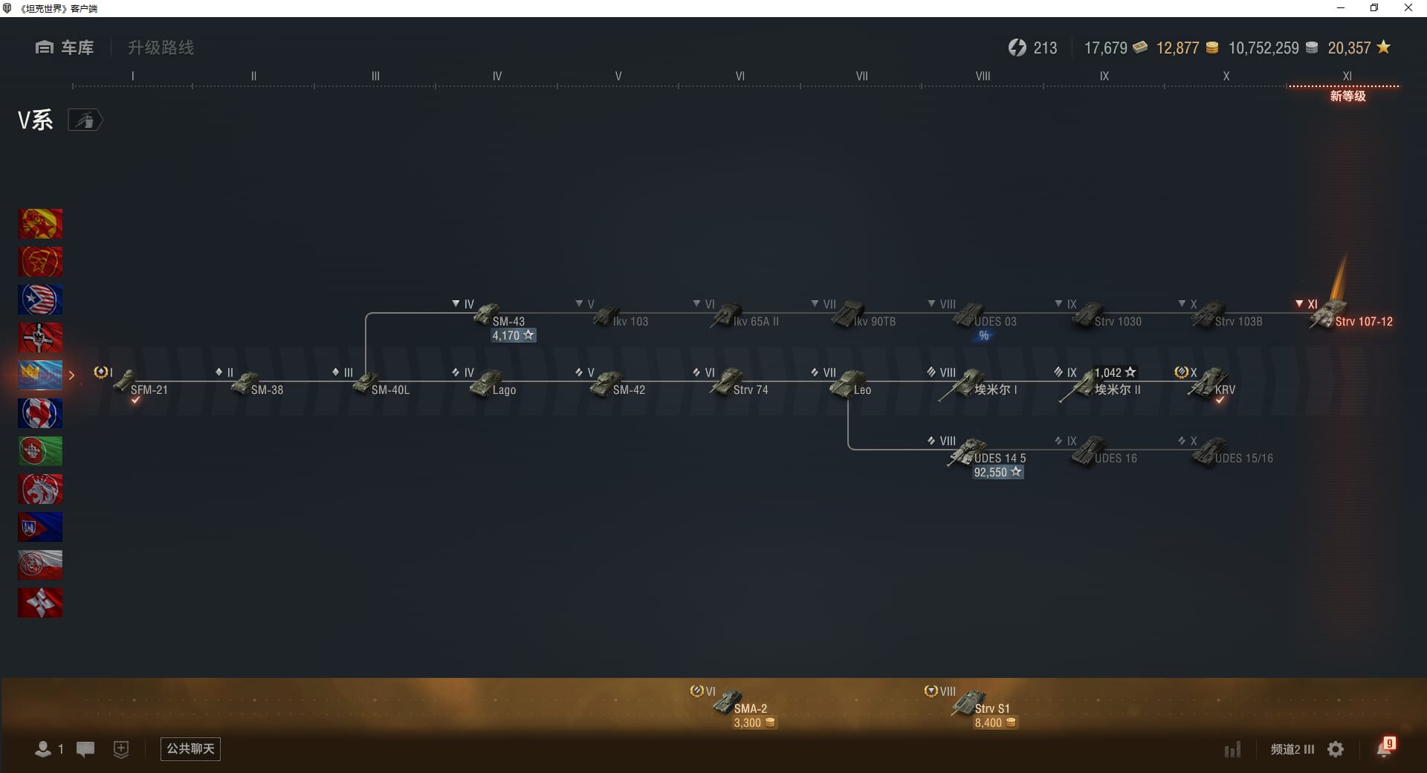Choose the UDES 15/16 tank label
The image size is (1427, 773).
(x=1243, y=459)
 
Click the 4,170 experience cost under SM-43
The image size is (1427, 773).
(x=513, y=336)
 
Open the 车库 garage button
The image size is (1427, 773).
(x=65, y=48)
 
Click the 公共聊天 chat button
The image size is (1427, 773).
(x=190, y=748)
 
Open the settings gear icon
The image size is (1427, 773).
(x=1336, y=749)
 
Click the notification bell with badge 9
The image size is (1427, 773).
(x=1385, y=748)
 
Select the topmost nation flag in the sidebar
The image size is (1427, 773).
(x=40, y=224)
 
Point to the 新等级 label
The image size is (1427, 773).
(x=1347, y=97)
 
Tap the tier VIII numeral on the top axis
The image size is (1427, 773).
(x=983, y=76)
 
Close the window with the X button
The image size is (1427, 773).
(x=1408, y=8)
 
